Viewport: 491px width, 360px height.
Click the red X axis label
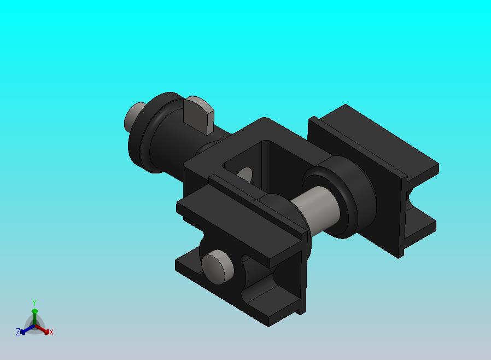(x=51, y=333)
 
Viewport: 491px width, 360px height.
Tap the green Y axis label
(x=34, y=303)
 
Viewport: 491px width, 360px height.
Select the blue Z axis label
(x=18, y=332)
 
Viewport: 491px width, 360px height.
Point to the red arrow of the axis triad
(x=42, y=329)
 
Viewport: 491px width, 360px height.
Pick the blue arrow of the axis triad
(x=27, y=329)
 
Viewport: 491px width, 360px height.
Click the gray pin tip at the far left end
(x=133, y=116)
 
